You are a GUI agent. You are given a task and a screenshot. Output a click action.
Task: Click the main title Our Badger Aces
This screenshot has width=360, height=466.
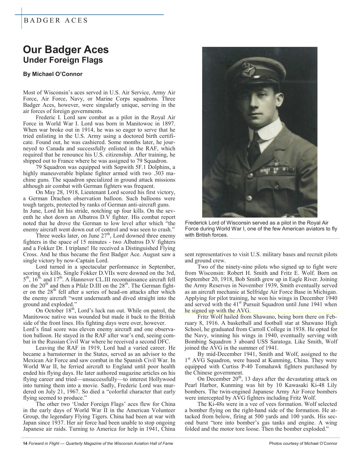coord(66,49)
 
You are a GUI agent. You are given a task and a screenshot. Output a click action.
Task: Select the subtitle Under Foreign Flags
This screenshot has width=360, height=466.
coord(63,60)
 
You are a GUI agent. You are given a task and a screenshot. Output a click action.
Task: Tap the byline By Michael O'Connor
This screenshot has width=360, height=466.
coord(53,74)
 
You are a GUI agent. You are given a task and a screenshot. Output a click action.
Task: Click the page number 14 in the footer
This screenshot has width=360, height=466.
coord(25,443)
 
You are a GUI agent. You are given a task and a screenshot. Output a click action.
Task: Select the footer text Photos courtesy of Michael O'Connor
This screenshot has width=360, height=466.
coord(303,443)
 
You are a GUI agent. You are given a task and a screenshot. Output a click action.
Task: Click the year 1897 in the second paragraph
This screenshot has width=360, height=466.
coord(169,124)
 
